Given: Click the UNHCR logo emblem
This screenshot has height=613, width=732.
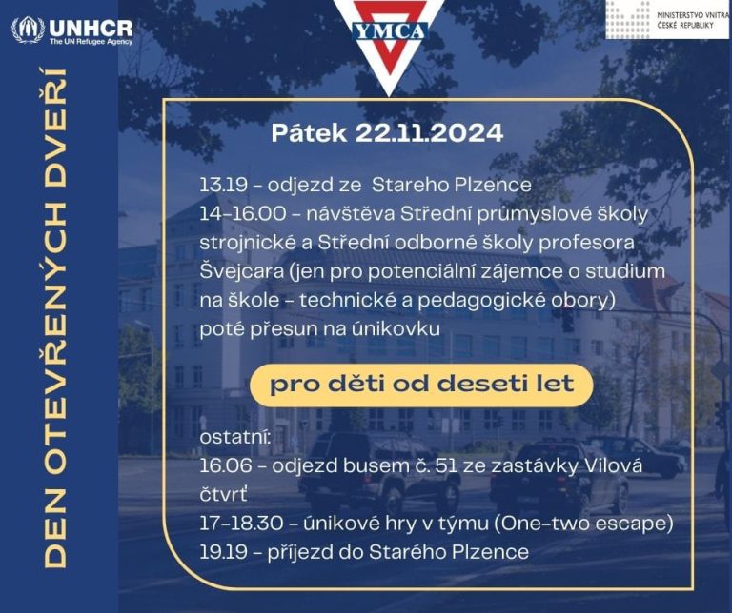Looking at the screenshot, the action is (28, 30).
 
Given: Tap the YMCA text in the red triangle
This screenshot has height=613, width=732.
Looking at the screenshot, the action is (390, 31).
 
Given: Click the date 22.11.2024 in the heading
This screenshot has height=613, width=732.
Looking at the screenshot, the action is (429, 133).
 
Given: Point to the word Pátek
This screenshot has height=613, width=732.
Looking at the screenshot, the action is (309, 133).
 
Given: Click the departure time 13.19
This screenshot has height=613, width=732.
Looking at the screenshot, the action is (223, 185).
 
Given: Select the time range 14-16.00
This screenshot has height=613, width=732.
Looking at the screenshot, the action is (243, 214).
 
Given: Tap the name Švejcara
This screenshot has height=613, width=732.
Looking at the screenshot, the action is (242, 272).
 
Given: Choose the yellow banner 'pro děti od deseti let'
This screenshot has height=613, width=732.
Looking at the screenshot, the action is (421, 385).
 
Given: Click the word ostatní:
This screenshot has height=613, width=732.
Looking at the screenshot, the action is (235, 437).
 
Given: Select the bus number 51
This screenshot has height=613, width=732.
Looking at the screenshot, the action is (446, 466).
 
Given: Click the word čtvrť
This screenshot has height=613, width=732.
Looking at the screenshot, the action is (223, 495).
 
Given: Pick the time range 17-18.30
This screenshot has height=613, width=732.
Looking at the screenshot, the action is (241, 524).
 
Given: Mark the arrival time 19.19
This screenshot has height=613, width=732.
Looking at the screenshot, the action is (223, 552).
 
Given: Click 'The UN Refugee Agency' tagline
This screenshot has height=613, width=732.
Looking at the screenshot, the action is (91, 42).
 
